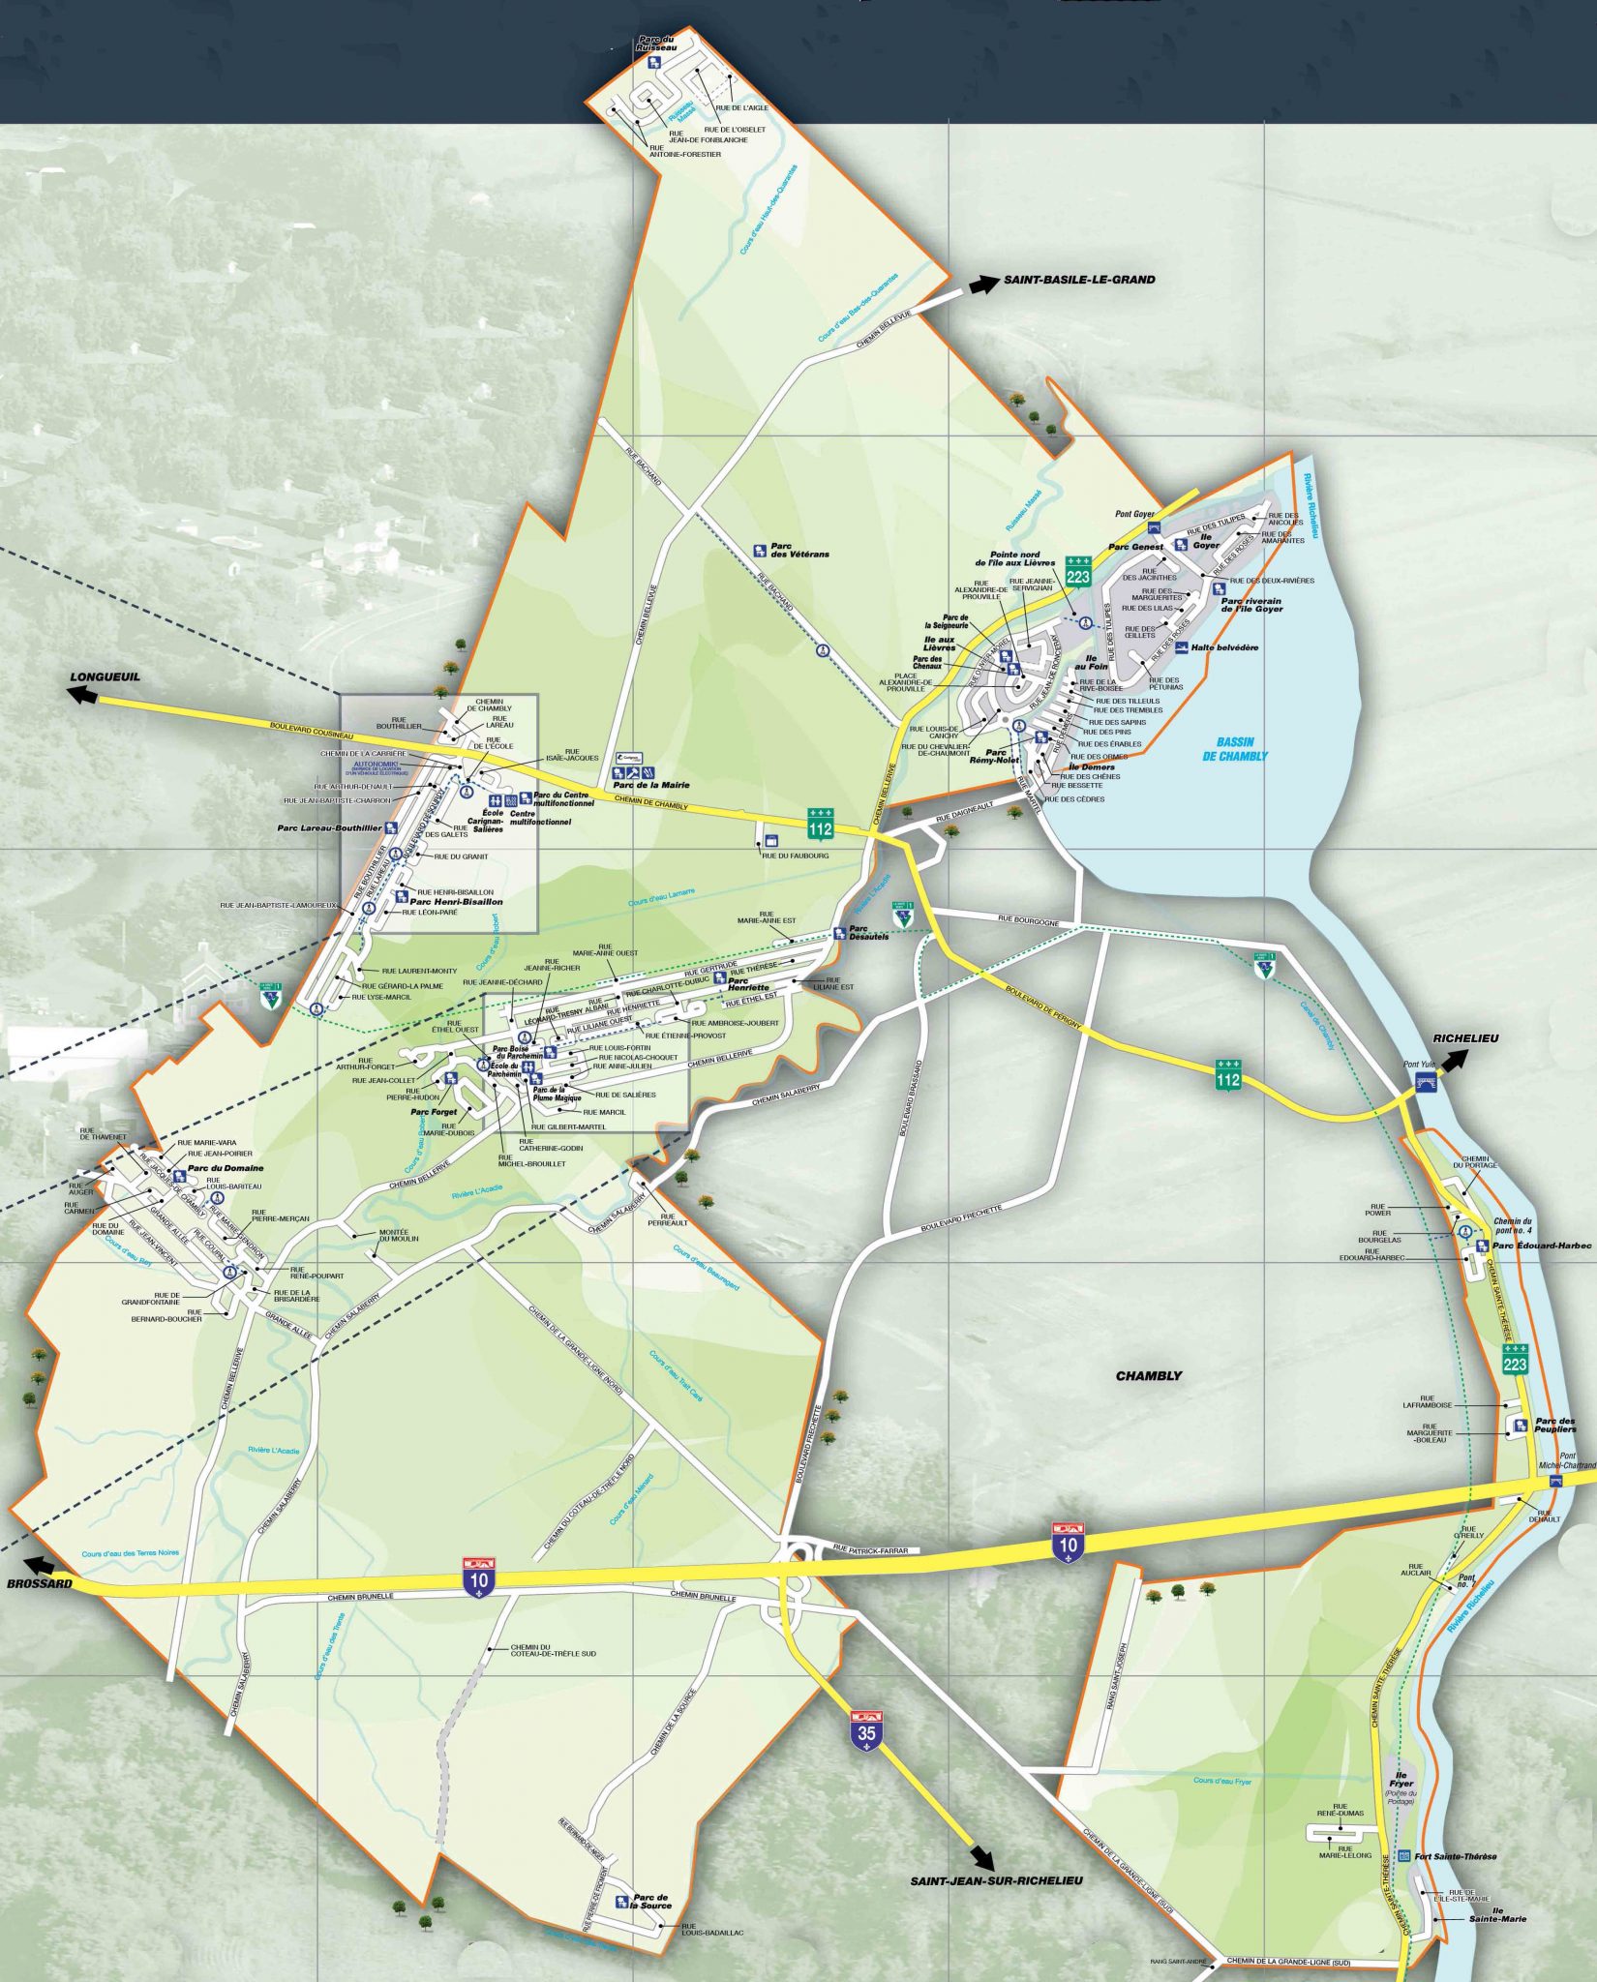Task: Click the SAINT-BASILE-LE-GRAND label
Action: pyautogui.click(x=1078, y=280)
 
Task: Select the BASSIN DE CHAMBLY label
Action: pyautogui.click(x=1234, y=749)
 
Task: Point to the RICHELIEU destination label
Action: pyautogui.click(x=1466, y=1037)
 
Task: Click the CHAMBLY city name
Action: pyautogui.click(x=1148, y=1375)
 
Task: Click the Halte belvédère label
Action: pyautogui.click(x=1224, y=647)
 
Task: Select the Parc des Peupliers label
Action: pyautogui.click(x=1554, y=1426)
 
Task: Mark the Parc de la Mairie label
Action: pyautogui.click(x=656, y=785)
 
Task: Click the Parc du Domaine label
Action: pyautogui.click(x=226, y=1168)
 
